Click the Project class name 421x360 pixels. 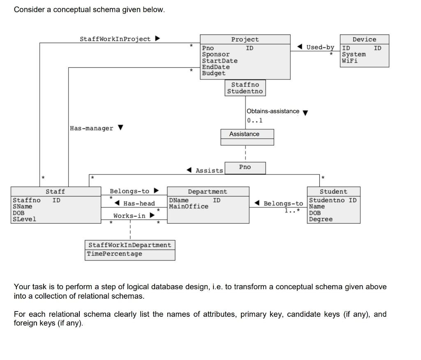tap(245, 39)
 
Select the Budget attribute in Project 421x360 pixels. tap(213, 73)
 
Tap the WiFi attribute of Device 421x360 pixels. tap(349, 60)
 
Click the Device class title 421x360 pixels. tap(364, 39)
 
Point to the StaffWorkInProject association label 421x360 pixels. tap(115, 39)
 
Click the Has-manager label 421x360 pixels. tap(91, 128)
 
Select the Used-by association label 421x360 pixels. tap(320, 47)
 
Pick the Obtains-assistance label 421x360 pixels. tap(273, 111)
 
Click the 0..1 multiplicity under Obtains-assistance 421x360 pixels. tap(254, 121)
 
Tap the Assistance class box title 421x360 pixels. tap(244, 134)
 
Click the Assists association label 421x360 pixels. tap(209, 171)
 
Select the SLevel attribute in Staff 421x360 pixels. tap(24, 219)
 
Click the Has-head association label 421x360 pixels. tap(139, 204)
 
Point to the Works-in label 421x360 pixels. tap(129, 216)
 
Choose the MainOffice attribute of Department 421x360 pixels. tap(188, 207)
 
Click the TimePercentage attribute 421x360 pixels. tap(114, 254)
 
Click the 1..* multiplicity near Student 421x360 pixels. tap(292, 211)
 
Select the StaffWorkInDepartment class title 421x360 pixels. tap(130, 245)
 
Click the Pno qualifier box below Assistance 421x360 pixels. tap(245, 167)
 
